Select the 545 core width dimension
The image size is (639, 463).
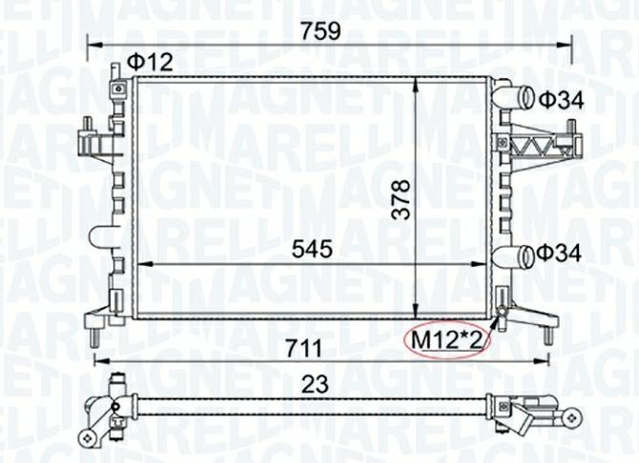click(x=311, y=249)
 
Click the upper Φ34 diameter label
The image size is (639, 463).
click(x=559, y=98)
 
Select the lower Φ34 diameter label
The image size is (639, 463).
click(x=559, y=252)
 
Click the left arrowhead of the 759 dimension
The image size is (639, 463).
click(x=93, y=43)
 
